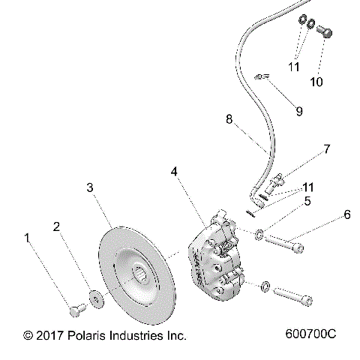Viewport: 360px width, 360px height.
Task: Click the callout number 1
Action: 28,238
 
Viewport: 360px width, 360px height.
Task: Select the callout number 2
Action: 57,226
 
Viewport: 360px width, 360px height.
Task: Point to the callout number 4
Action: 174,172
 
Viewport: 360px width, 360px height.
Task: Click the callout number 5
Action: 307,200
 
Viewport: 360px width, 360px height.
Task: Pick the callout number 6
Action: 346,214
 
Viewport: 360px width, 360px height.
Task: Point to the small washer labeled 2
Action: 97,298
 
